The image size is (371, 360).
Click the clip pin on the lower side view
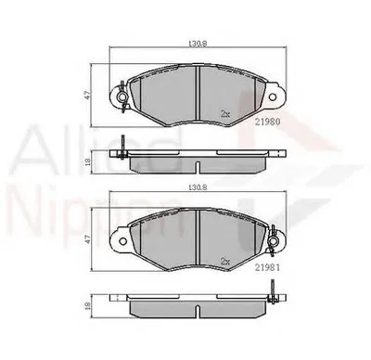[x=273, y=302]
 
